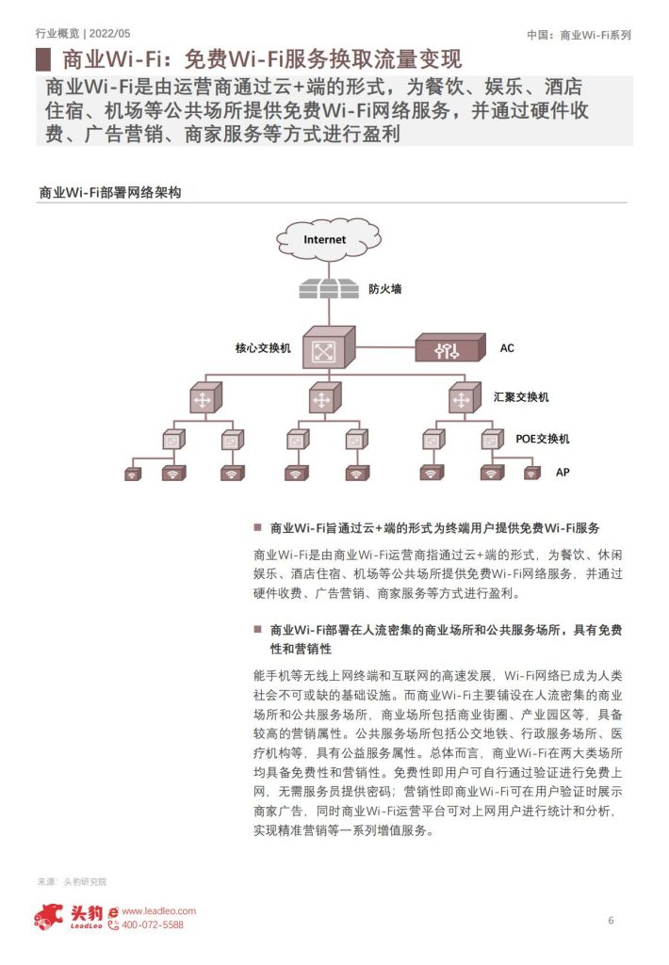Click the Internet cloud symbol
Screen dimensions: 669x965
point(328,239)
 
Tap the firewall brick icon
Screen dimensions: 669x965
point(328,289)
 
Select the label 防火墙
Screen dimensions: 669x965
point(385,289)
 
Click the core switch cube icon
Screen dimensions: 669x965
point(328,347)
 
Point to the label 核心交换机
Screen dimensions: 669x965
point(263,348)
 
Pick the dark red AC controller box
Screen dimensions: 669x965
point(450,347)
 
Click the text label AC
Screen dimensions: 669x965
point(507,348)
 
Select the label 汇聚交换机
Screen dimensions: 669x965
point(521,397)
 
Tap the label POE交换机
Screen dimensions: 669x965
point(543,439)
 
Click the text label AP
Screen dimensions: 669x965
point(563,472)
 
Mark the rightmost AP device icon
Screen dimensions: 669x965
point(531,473)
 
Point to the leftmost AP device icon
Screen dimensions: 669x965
point(133,474)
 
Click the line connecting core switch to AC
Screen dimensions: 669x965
point(385,347)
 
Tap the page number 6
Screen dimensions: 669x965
point(612,921)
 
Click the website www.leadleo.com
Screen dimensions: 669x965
point(159,910)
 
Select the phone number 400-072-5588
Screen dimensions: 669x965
point(153,925)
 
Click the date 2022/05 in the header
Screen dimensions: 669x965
point(109,33)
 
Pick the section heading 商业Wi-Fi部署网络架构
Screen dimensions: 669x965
point(110,193)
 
